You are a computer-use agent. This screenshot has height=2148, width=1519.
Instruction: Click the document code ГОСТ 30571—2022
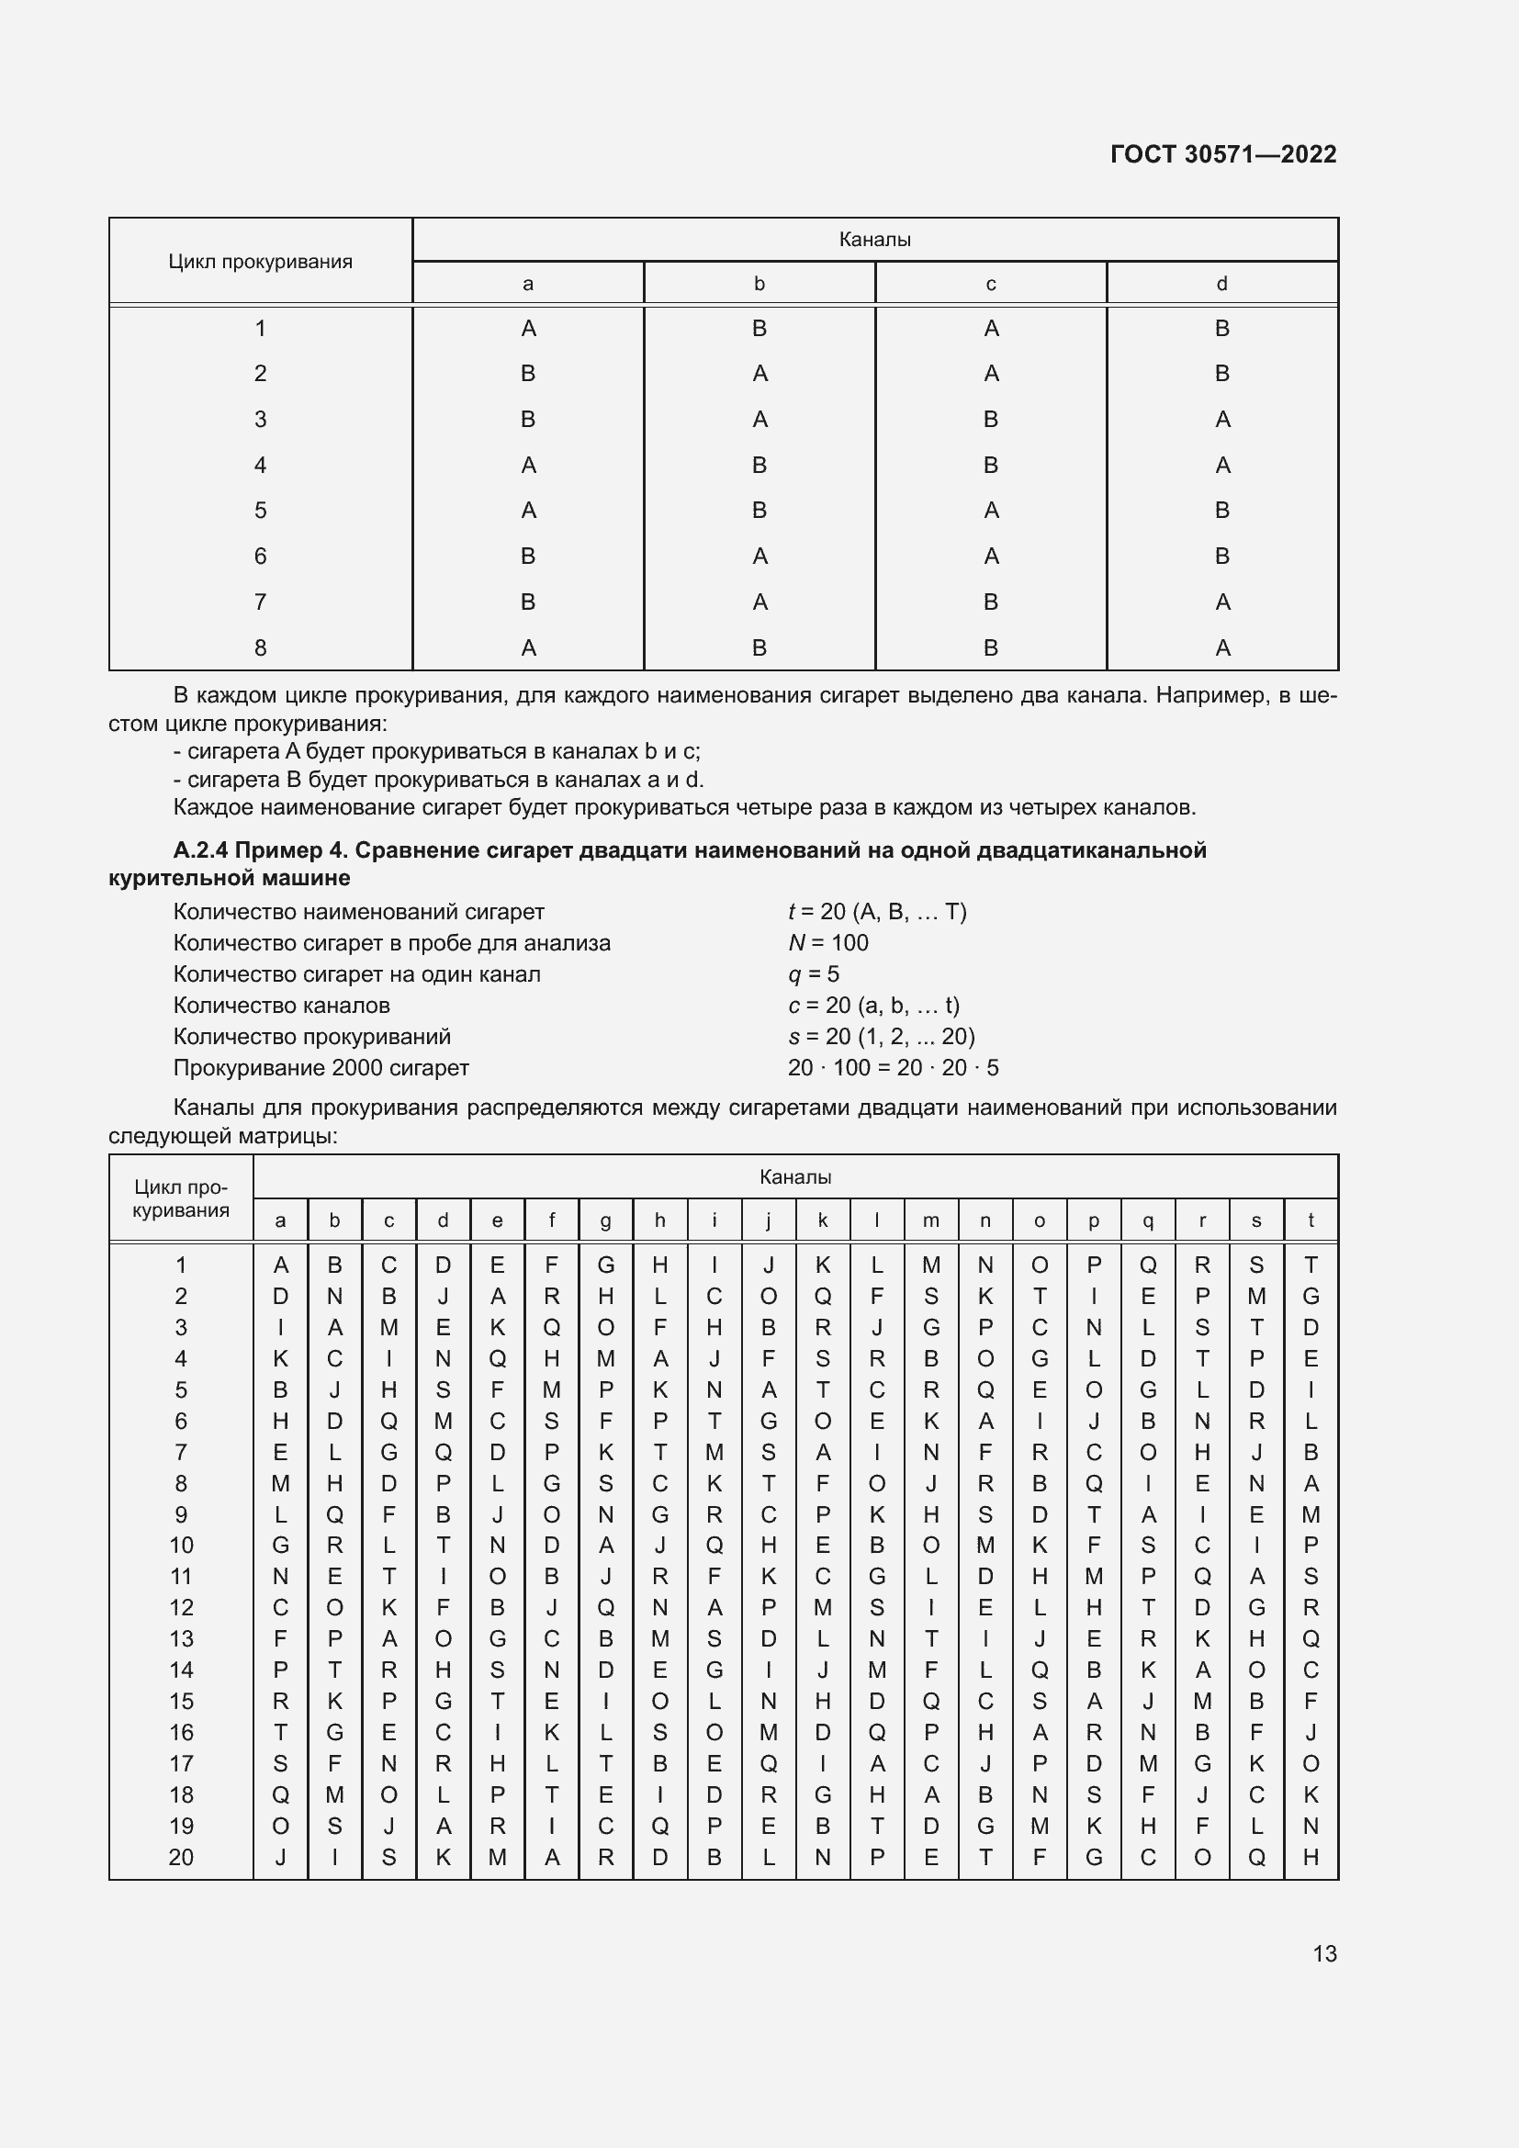(x=1222, y=154)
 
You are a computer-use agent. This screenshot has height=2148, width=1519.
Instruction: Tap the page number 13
(x=1324, y=1953)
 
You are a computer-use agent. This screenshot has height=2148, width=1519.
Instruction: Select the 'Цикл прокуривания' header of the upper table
(x=260, y=262)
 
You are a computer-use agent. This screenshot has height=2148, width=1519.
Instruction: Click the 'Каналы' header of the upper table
(x=874, y=240)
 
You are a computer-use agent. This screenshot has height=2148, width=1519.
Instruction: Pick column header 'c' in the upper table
(x=991, y=284)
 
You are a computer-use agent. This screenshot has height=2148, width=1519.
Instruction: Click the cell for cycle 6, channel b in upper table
(x=759, y=557)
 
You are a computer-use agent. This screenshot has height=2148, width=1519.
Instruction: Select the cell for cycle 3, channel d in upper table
(x=1221, y=420)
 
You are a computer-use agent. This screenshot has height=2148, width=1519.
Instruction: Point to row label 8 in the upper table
(x=260, y=647)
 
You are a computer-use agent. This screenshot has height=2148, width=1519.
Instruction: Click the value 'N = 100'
(x=827, y=943)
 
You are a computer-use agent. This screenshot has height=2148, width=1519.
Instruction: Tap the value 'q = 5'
(x=813, y=973)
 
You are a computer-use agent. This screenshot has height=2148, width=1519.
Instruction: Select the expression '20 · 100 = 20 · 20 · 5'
(x=893, y=1067)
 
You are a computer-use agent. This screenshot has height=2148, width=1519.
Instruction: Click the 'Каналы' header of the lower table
(x=795, y=1177)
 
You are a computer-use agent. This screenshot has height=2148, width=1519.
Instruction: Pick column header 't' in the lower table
(x=1311, y=1220)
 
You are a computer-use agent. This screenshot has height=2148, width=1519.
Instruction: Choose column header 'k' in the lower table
(x=822, y=1220)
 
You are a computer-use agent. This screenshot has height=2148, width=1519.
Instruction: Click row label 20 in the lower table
(x=181, y=1857)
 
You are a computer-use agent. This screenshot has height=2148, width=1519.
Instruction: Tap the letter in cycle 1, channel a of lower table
(x=281, y=1265)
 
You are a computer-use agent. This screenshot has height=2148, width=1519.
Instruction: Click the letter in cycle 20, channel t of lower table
(x=1311, y=1857)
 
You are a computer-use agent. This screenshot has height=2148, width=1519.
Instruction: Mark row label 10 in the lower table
(x=181, y=1546)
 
